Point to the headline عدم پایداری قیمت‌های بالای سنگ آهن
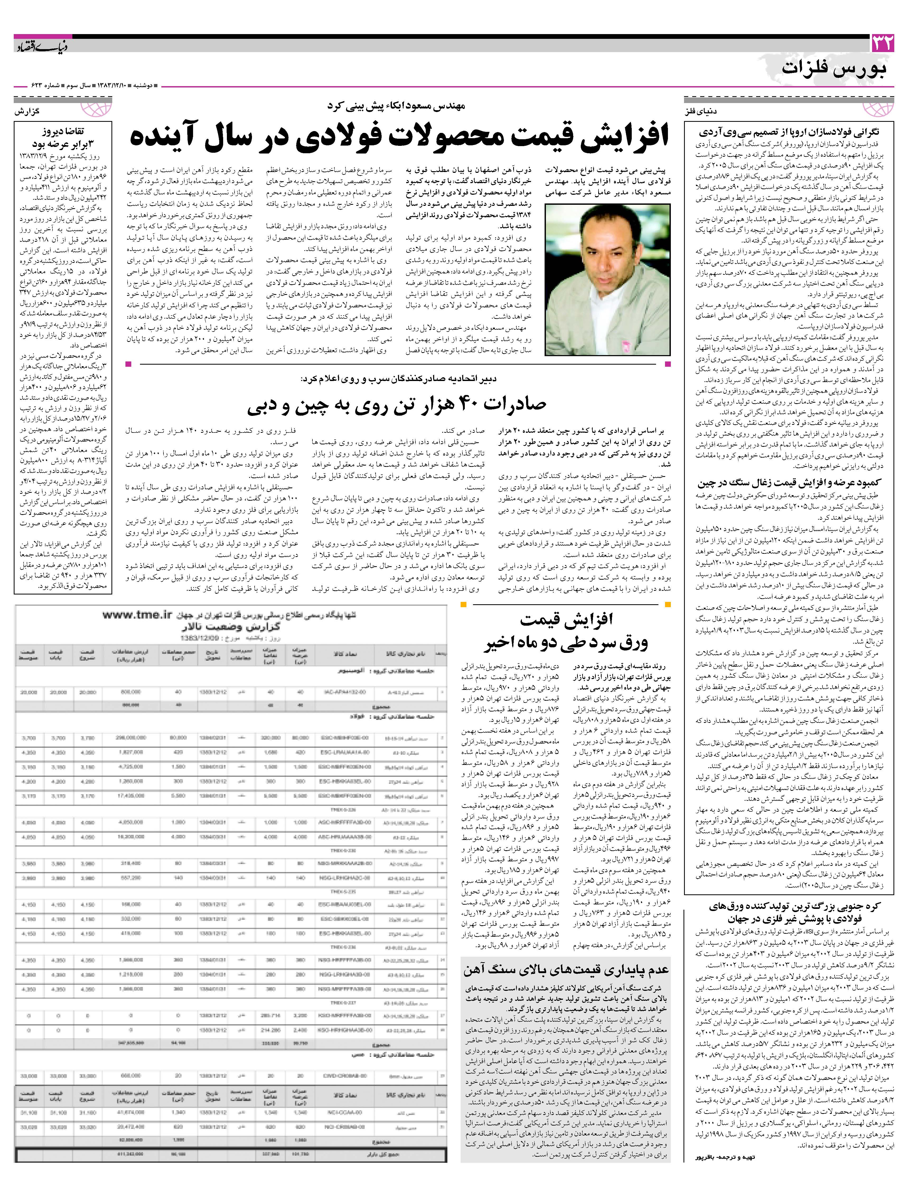pos(566,970)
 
